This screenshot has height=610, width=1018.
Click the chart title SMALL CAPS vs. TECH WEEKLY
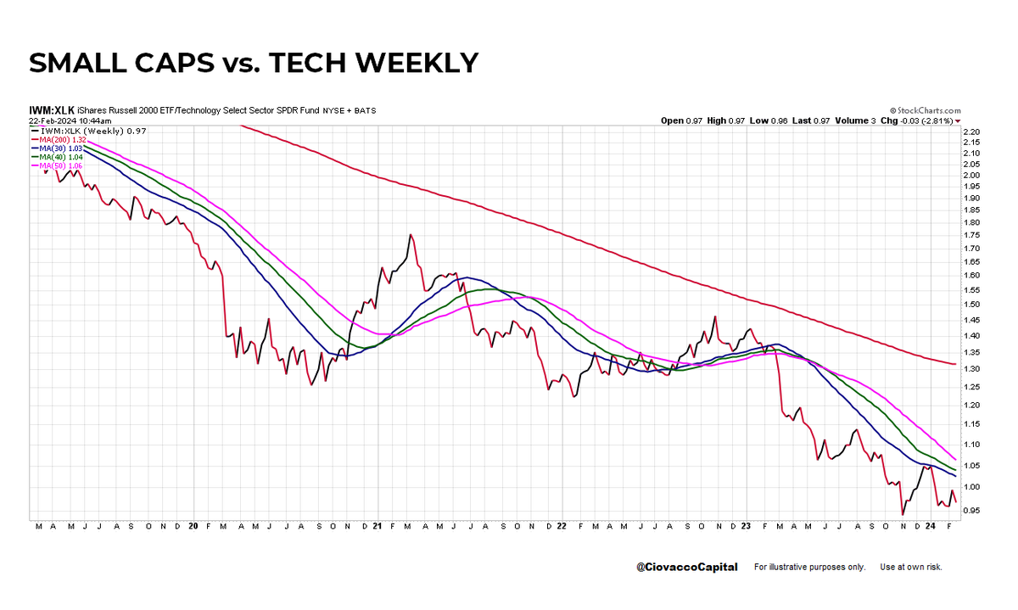pos(254,63)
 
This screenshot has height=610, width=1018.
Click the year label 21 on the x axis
pos(377,526)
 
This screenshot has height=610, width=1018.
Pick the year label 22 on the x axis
pos(561,526)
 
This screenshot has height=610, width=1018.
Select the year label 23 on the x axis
pos(745,526)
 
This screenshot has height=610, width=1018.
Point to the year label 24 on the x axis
pos(931,526)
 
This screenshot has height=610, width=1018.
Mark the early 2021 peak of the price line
pos(411,234)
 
